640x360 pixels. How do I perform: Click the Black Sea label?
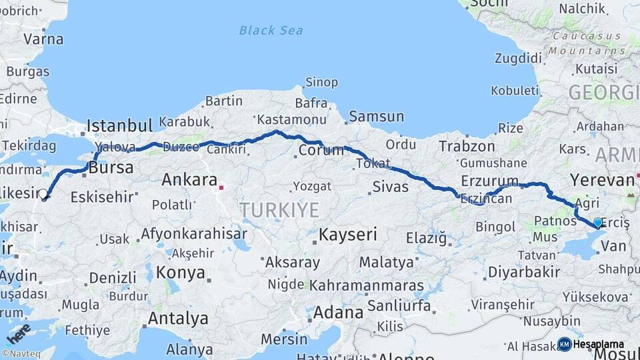271,30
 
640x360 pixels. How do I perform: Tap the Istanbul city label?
120,125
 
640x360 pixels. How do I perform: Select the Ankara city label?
189,179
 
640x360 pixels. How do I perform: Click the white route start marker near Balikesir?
43,194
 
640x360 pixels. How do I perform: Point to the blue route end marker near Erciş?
597,223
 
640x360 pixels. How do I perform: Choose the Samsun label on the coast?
376,116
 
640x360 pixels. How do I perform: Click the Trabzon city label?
467,146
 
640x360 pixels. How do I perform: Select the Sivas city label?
390,185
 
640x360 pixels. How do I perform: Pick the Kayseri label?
347,234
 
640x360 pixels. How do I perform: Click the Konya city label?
181,272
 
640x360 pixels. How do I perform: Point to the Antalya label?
178,318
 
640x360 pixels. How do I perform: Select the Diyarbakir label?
524,271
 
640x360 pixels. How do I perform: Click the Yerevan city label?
602,179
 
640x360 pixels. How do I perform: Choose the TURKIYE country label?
279,210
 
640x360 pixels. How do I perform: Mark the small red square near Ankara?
221,187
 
